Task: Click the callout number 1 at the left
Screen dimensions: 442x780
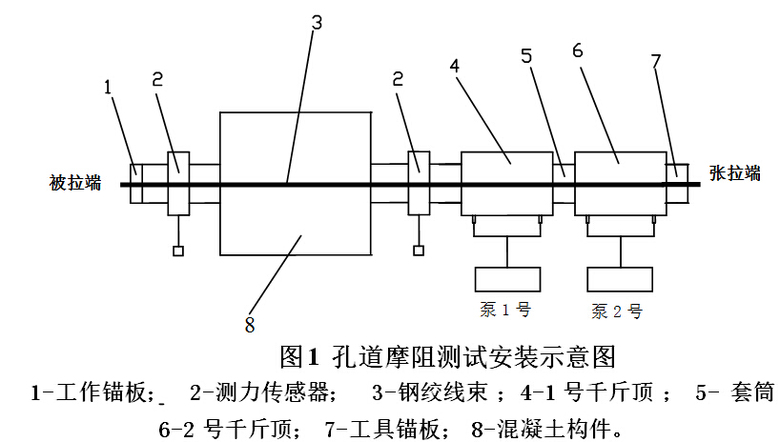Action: [107, 88]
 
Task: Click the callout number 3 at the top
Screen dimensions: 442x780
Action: [316, 23]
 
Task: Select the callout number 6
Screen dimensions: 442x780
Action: [576, 49]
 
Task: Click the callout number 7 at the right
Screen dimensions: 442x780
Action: [656, 62]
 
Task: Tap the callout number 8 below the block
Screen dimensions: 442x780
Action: [248, 323]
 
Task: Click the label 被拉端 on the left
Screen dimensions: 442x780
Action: [75, 183]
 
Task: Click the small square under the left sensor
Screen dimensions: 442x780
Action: [178, 251]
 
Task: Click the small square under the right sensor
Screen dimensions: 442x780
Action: [418, 251]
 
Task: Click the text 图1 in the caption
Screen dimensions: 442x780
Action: [298, 355]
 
